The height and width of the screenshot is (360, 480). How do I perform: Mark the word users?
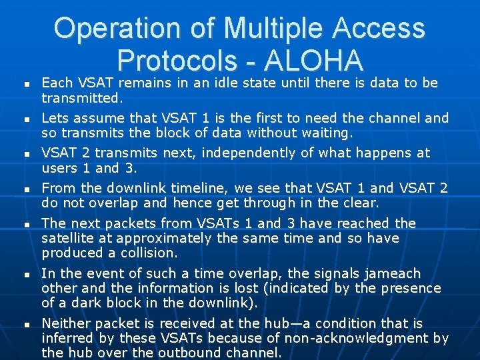(59, 168)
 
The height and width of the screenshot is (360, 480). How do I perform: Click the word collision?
(148, 253)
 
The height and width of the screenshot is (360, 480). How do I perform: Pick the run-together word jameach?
(391, 273)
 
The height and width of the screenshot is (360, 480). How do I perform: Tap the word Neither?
(65, 323)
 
